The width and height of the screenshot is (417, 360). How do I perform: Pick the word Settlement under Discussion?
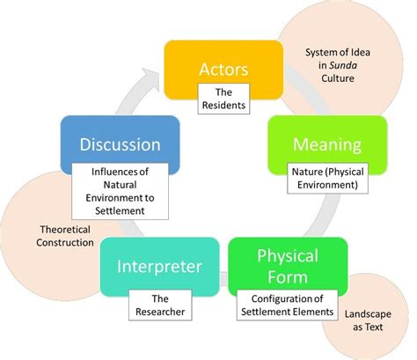(x=123, y=198)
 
